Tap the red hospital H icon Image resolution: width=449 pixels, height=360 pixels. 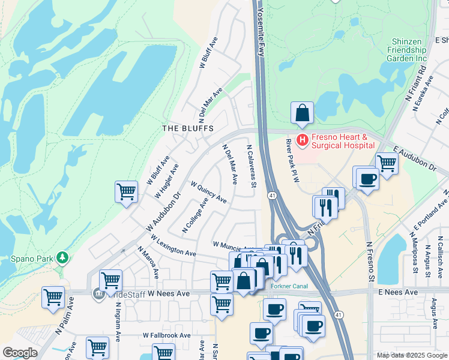tap(303, 140)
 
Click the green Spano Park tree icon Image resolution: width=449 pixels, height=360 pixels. tap(62, 258)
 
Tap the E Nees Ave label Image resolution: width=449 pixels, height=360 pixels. tap(397, 292)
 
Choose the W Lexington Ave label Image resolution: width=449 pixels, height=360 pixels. tap(174, 245)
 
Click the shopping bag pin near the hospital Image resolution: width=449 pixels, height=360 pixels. tap(303, 113)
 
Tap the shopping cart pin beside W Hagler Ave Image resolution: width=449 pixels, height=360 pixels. tap(126, 192)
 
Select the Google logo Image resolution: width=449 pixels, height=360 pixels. tap(20, 353)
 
